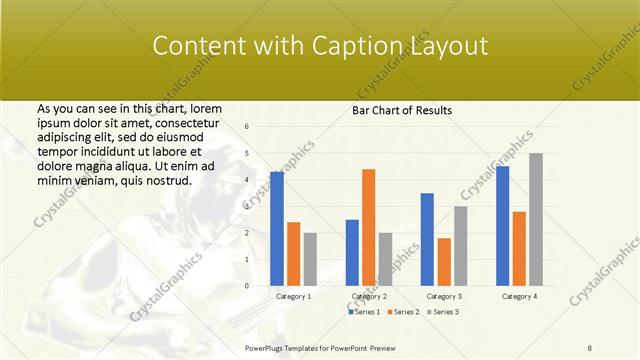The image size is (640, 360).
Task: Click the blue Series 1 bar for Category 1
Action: click(x=277, y=229)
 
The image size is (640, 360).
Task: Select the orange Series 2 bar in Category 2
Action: click(x=368, y=227)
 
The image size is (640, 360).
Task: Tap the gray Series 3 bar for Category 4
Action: click(x=535, y=219)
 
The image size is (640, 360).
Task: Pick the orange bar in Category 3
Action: click(x=443, y=262)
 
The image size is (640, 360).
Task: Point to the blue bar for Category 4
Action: click(x=502, y=226)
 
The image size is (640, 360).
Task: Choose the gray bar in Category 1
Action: click(x=310, y=259)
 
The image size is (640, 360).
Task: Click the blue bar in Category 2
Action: click(x=352, y=252)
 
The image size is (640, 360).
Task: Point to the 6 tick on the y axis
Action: click(x=247, y=126)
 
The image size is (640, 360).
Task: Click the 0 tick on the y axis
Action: click(x=247, y=286)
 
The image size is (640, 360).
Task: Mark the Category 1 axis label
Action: click(x=293, y=297)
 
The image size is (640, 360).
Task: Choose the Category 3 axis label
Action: click(x=443, y=297)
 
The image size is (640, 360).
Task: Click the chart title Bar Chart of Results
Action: click(x=402, y=110)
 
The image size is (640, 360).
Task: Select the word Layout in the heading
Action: click(x=447, y=46)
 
